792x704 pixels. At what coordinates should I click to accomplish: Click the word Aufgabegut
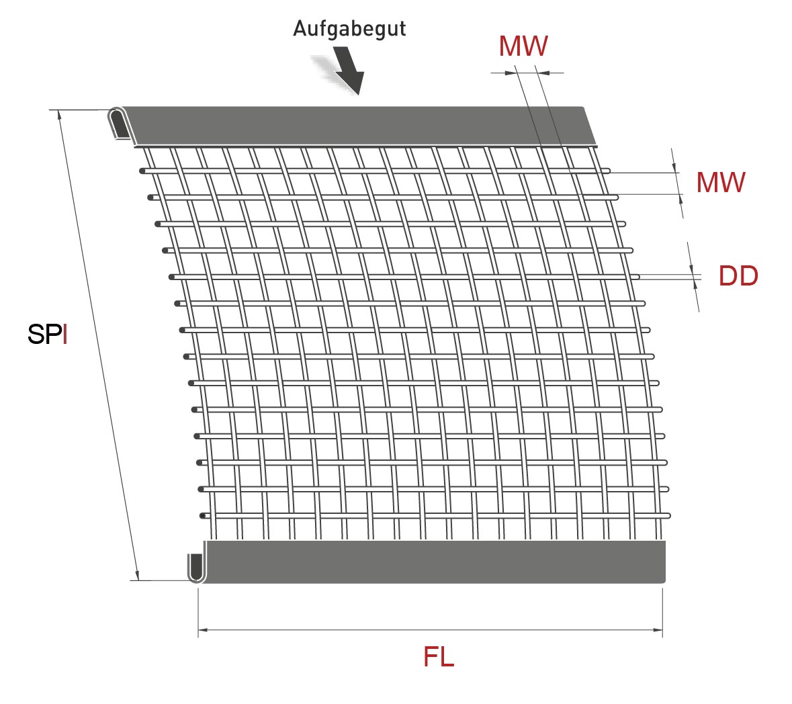click(349, 29)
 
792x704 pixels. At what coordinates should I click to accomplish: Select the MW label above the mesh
click(523, 46)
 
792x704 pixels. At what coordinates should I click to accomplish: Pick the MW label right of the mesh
click(720, 183)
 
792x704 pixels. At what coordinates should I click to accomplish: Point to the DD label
click(738, 276)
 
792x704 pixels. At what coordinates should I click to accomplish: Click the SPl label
click(48, 334)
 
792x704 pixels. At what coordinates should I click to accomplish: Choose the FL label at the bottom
click(439, 656)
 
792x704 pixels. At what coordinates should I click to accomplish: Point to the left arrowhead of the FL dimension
click(202, 630)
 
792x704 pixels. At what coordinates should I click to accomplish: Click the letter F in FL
click(431, 656)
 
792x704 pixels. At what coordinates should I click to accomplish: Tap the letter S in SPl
click(35, 334)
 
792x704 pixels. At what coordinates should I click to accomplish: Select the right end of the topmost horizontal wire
click(607, 171)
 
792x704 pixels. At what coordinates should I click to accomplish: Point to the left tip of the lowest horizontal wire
click(203, 516)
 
